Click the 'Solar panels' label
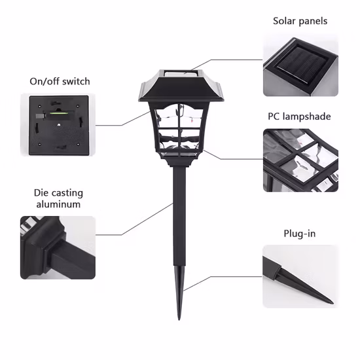[x=300, y=21]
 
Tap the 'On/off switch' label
[x=60, y=82]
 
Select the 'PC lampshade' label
[x=299, y=117]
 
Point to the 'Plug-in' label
[x=300, y=234]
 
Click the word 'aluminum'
[x=58, y=204]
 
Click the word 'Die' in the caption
[x=41, y=193]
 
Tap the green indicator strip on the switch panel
[x=58, y=113]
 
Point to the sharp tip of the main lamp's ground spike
[x=179, y=319]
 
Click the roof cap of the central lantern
[x=181, y=86]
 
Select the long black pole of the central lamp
[x=179, y=216]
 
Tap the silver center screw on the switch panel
[x=59, y=125]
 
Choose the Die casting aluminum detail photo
[x=58, y=247]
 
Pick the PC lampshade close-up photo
[x=300, y=160]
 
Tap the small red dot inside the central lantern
[x=192, y=120]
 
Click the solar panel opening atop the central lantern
[x=181, y=73]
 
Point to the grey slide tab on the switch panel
[x=40, y=116]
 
